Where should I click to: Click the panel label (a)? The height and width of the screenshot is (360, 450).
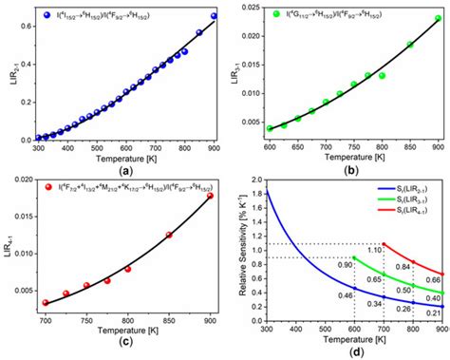[123, 169]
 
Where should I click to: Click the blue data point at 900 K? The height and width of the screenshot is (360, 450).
[214, 16]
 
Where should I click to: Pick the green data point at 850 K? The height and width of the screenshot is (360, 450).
[410, 45]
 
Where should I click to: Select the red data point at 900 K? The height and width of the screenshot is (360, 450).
[210, 197]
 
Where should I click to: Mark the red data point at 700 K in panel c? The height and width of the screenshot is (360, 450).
[46, 303]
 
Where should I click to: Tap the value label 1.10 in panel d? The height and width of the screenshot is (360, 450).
[375, 249]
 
